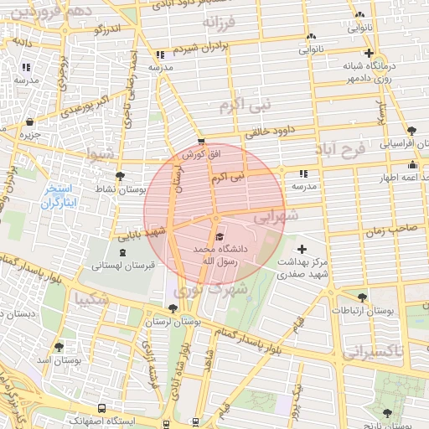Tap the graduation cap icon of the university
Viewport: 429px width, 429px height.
click(219, 237)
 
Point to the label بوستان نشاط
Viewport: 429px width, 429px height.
click(121, 189)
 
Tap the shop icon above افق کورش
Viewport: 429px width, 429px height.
click(200, 142)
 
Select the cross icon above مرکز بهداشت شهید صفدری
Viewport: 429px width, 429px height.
click(302, 249)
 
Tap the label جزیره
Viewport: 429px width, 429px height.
click(31, 134)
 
